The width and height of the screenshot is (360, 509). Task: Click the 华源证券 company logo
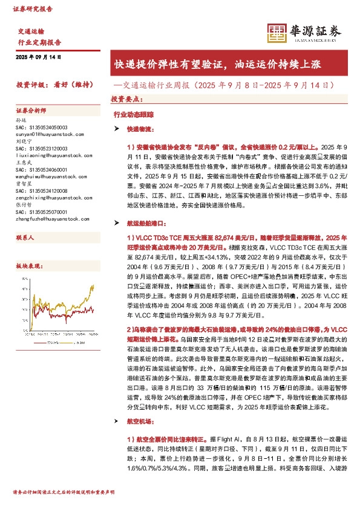(x=303, y=33)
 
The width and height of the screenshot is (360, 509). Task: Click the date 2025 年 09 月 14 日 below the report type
(x=39, y=57)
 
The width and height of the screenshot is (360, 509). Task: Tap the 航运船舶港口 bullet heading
(x=143, y=224)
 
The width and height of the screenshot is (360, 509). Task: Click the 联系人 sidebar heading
(x=25, y=238)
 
